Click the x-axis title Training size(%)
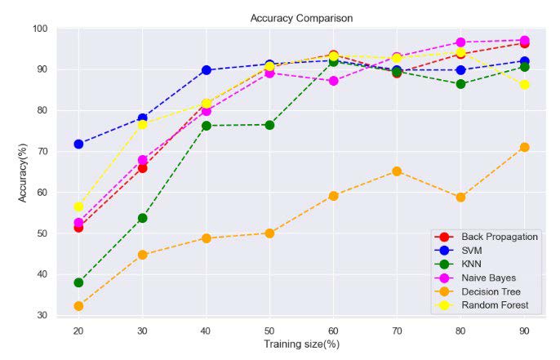pos(301,344)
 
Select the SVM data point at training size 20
pos(78,144)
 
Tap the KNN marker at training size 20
pos(78,282)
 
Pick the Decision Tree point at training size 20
pos(78,306)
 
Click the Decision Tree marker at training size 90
pos(524,147)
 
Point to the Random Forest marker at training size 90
pos(524,84)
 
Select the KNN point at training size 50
pos(269,125)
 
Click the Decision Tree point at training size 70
pos(397,171)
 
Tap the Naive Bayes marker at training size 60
pos(333,81)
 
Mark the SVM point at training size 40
pos(206,70)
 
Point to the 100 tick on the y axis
pos(39,29)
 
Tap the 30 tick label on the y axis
pos(42,315)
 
